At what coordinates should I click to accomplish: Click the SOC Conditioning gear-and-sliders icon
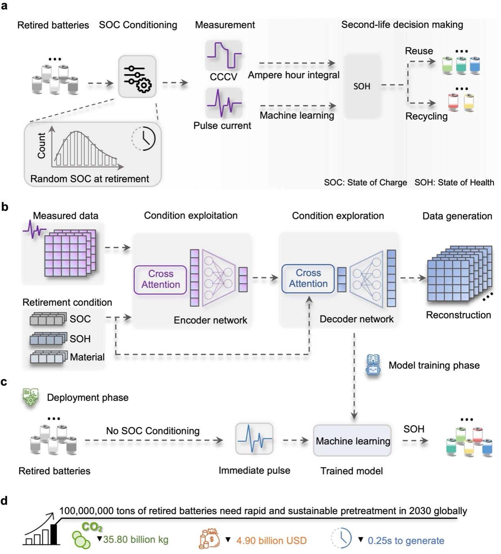(x=137, y=77)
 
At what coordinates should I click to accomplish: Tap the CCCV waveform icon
(x=223, y=56)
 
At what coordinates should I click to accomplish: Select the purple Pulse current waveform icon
(x=224, y=103)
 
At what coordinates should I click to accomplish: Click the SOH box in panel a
(x=362, y=86)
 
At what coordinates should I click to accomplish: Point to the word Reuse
(x=419, y=51)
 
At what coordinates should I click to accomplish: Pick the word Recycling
(x=426, y=116)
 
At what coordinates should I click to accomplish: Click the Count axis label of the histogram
(x=41, y=146)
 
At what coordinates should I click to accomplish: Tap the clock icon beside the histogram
(x=144, y=139)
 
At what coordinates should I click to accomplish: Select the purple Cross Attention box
(x=160, y=280)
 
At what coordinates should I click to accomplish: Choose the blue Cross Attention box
(x=308, y=278)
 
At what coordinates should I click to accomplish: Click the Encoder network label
(x=210, y=320)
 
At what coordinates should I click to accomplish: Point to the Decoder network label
(x=356, y=319)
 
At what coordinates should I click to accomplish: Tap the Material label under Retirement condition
(x=87, y=357)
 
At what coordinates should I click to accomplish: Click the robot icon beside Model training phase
(x=373, y=365)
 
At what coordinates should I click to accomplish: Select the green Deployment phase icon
(x=31, y=397)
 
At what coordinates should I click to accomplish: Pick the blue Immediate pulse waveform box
(x=254, y=439)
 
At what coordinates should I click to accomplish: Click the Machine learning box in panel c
(x=352, y=441)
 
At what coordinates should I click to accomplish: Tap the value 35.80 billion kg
(x=136, y=539)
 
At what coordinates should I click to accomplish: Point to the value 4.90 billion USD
(x=271, y=541)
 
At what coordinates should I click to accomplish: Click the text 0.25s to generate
(x=406, y=541)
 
